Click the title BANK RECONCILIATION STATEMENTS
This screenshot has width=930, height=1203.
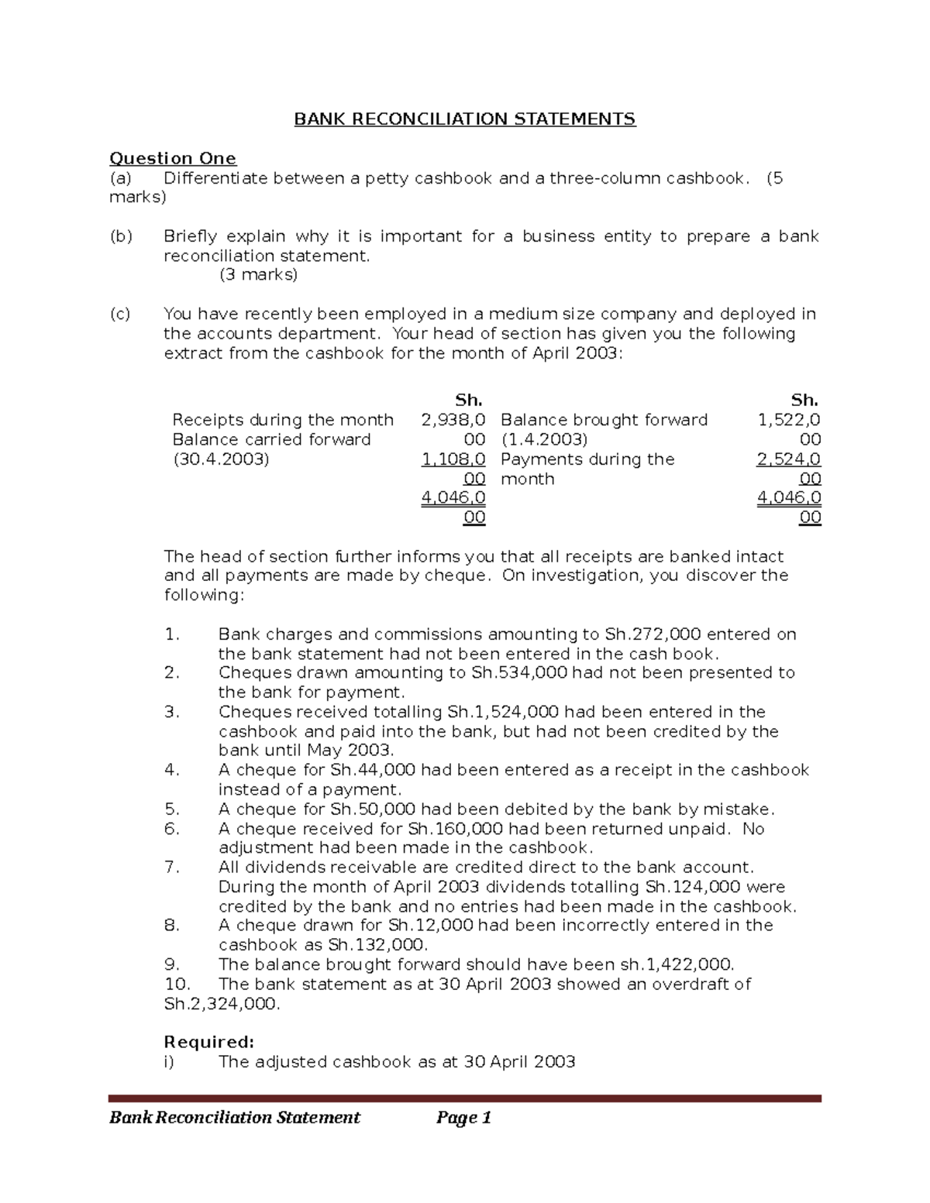464,119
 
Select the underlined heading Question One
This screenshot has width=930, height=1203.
172,158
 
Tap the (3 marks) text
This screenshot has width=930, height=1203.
259,274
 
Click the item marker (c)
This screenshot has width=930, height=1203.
120,314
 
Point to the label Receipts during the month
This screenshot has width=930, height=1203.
283,420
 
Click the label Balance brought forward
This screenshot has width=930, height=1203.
604,420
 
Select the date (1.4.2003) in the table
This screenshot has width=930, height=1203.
543,439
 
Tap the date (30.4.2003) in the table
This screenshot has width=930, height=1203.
221,459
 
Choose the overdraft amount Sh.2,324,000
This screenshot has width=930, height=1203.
221,1004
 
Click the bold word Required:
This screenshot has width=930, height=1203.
209,1042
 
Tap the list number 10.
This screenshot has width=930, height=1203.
177,984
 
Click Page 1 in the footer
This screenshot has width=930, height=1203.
463,1117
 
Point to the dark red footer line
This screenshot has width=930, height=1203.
464,1098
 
